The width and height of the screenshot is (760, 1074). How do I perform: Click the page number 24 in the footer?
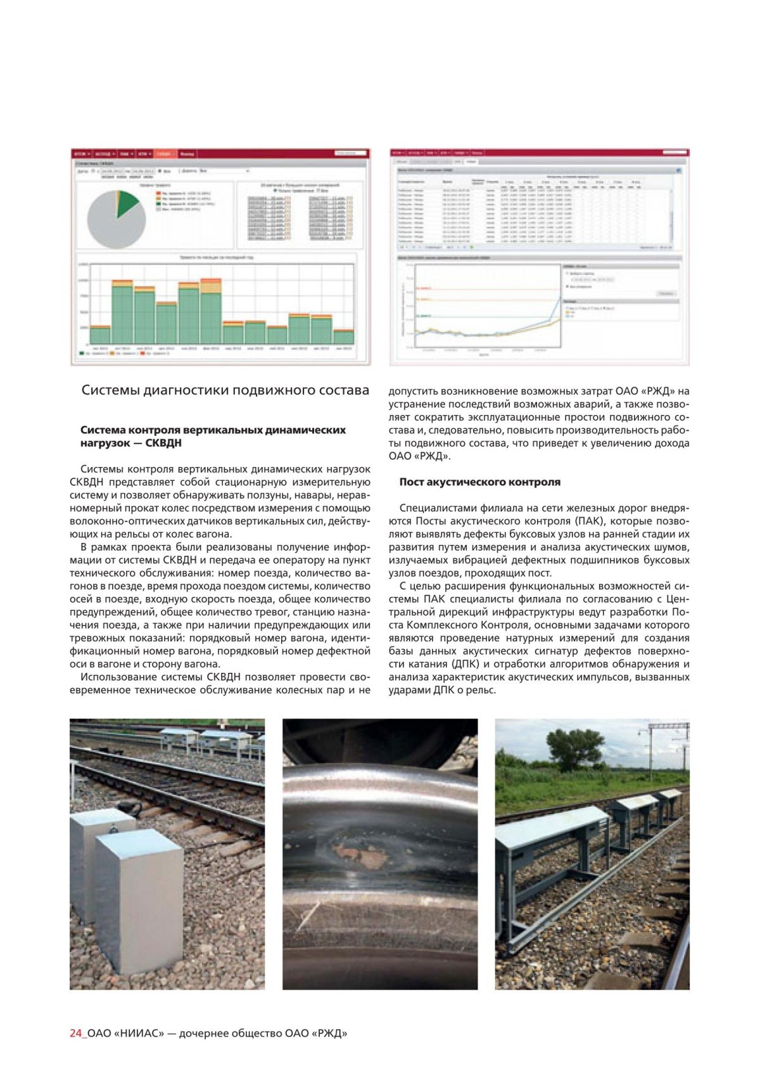[x=75, y=1033]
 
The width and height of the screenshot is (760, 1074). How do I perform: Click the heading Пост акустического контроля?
[x=479, y=482]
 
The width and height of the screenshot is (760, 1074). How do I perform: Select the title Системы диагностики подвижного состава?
[x=225, y=390]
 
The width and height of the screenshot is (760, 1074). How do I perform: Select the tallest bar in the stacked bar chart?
[x=211, y=310]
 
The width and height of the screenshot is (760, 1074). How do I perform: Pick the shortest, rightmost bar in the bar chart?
[x=344, y=336]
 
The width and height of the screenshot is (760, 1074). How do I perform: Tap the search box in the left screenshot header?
[x=351, y=153]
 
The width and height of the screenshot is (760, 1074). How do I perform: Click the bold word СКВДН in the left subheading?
[x=163, y=443]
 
